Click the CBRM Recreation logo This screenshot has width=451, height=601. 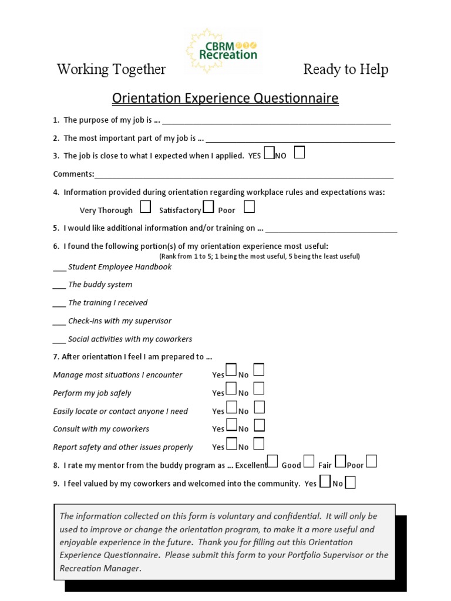click(x=221, y=50)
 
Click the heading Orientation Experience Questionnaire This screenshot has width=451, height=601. click(x=225, y=98)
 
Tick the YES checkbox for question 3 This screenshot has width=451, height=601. click(x=269, y=154)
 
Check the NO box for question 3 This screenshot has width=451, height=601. click(x=299, y=153)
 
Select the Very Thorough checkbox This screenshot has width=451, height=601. click(x=146, y=207)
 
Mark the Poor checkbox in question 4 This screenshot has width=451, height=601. click(x=250, y=207)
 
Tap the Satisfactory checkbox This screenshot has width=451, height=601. click(x=208, y=207)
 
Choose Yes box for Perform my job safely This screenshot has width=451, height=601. click(x=231, y=389)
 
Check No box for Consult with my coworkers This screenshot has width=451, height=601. click(x=259, y=425)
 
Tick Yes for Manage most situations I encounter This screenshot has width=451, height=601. click(x=231, y=370)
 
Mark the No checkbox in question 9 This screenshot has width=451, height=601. click(x=350, y=482)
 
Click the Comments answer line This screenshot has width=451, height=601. click(x=244, y=174)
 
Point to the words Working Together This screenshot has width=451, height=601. click(x=111, y=69)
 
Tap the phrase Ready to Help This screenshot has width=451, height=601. click(x=345, y=69)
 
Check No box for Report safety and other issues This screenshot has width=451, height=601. click(x=259, y=443)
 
